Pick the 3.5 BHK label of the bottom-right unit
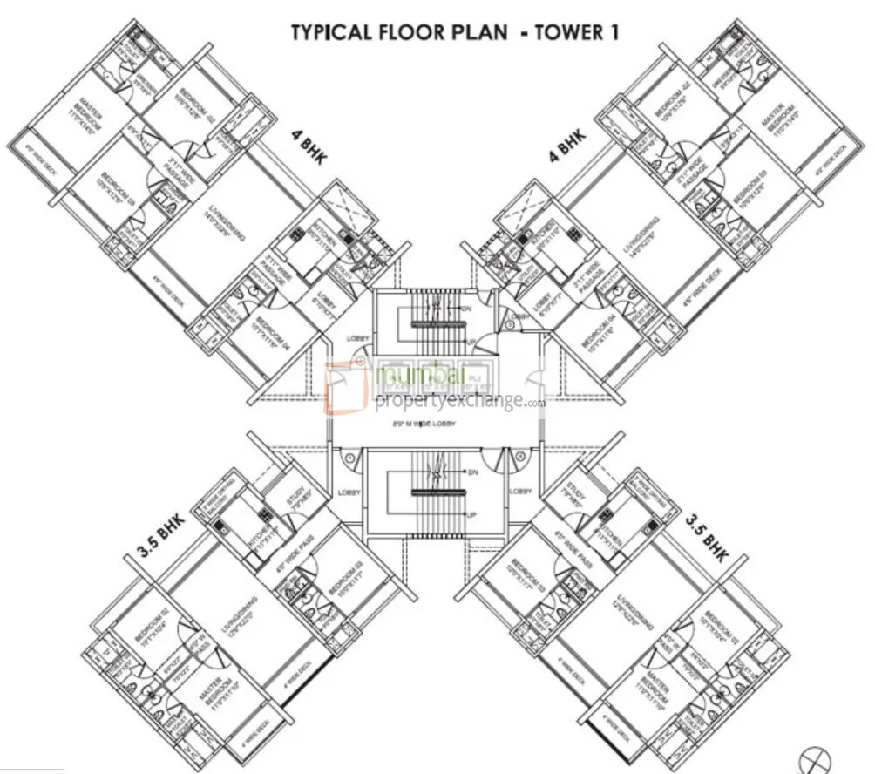[708, 541]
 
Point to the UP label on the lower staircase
[471, 515]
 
